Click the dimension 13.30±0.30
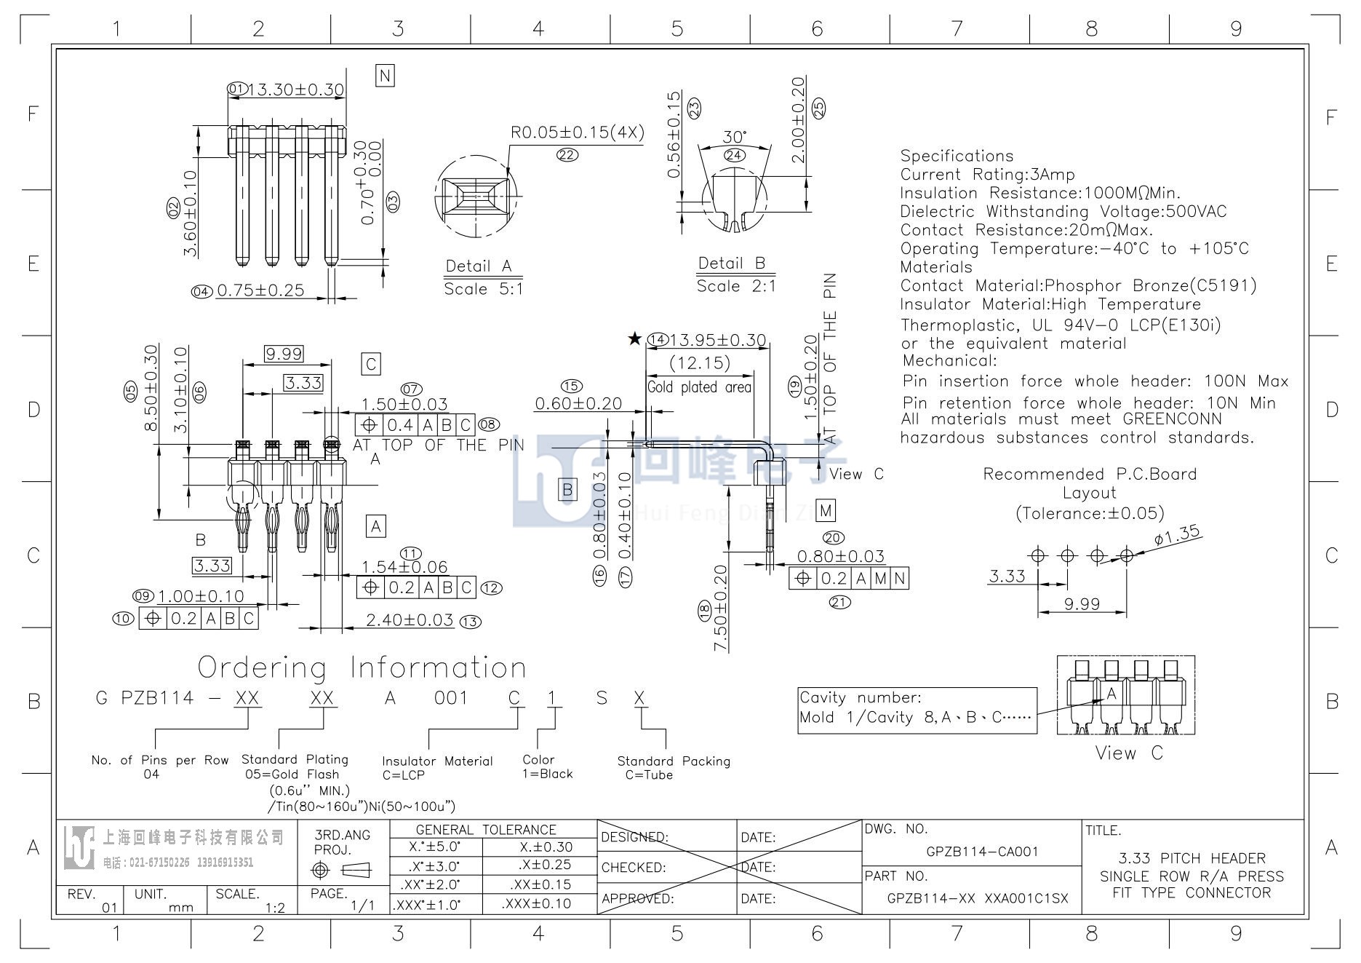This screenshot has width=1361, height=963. [x=296, y=90]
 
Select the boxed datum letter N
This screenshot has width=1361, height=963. [x=385, y=76]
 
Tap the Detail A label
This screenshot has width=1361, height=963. [x=479, y=266]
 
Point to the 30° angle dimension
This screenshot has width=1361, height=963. [x=735, y=137]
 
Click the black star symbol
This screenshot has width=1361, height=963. [x=635, y=338]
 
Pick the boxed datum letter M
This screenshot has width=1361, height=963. [x=826, y=510]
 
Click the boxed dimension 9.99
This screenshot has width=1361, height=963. [x=284, y=354]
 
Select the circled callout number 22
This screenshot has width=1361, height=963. [x=567, y=154]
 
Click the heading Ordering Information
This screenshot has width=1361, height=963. [x=362, y=667]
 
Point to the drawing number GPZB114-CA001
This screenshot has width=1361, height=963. [x=982, y=852]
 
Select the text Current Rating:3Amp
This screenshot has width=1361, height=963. [x=987, y=175]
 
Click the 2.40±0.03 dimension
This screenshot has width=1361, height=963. [x=410, y=620]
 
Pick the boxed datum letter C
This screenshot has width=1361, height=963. [x=371, y=364]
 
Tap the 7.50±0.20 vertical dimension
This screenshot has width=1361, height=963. [x=721, y=609]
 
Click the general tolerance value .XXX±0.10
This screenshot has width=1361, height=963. [x=537, y=903]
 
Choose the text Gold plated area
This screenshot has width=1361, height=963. [x=699, y=387]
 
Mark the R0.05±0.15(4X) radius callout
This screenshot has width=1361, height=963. [x=578, y=132]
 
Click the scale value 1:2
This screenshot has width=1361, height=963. [x=275, y=907]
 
